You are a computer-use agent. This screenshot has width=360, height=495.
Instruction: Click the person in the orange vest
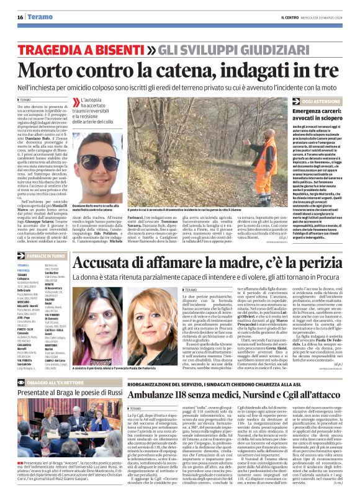click(253, 158)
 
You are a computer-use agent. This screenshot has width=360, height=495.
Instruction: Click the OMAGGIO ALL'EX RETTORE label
click(50, 382)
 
